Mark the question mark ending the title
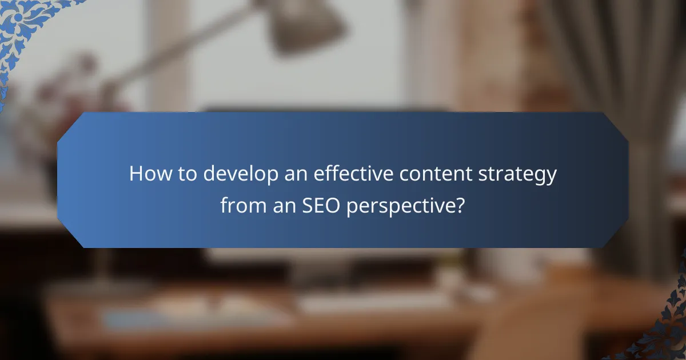(458, 205)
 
